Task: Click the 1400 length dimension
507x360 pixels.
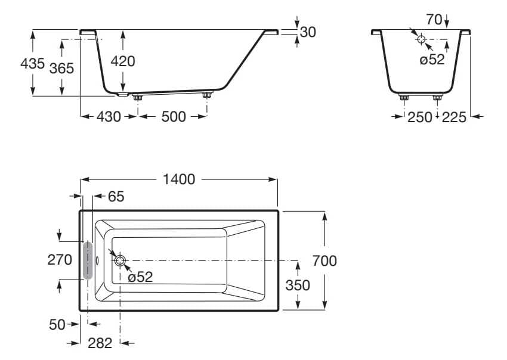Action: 179,179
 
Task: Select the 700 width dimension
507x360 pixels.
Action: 324,260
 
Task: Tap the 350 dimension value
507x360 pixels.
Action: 298,285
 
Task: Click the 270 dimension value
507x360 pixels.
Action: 60,260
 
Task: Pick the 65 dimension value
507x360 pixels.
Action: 116,197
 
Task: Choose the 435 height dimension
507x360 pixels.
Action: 32,63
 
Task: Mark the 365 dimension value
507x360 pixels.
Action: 61,68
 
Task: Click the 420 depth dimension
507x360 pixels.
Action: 123,61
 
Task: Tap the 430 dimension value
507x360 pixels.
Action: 109,117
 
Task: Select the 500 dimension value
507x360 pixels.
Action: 174,117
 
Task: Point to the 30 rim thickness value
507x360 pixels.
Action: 308,32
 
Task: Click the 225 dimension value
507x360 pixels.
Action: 455,117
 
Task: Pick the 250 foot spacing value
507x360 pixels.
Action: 419,117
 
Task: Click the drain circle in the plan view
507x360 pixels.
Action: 119,260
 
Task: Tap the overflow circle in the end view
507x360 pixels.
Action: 421,39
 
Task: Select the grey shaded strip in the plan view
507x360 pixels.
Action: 88,260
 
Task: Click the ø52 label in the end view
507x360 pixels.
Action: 432,60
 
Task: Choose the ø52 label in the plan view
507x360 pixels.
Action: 141,277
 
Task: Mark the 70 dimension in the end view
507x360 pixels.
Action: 434,20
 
